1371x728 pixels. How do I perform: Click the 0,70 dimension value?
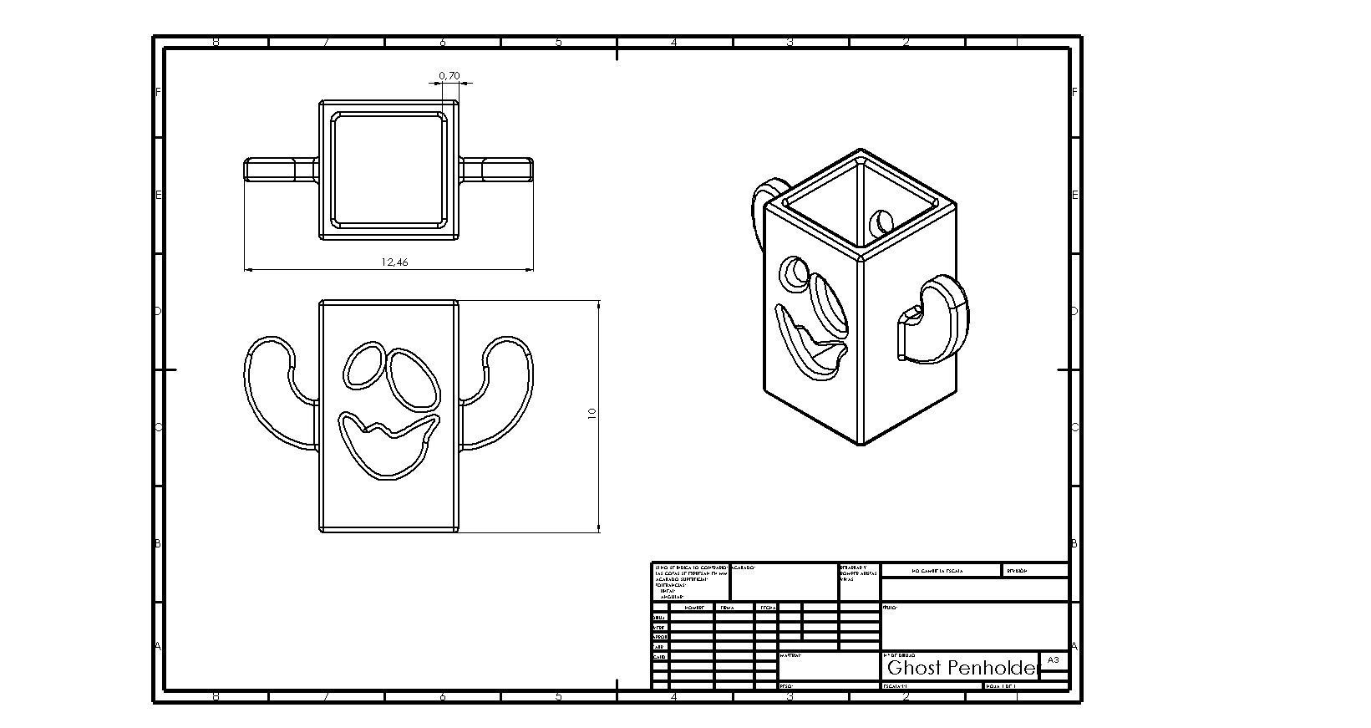click(449, 76)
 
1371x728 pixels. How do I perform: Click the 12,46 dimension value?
click(394, 262)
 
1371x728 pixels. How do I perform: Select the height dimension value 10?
click(592, 413)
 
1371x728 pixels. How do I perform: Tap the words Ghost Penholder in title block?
click(961, 668)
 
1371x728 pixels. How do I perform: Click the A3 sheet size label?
click(1053, 659)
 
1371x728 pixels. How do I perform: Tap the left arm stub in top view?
click(279, 170)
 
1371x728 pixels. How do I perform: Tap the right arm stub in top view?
click(498, 170)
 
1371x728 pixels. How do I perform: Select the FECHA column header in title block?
click(765, 608)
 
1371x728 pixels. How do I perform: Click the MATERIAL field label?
click(790, 655)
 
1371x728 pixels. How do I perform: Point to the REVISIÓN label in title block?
click(1016, 571)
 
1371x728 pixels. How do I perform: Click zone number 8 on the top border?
click(216, 42)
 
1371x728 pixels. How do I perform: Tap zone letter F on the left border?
click(158, 92)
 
